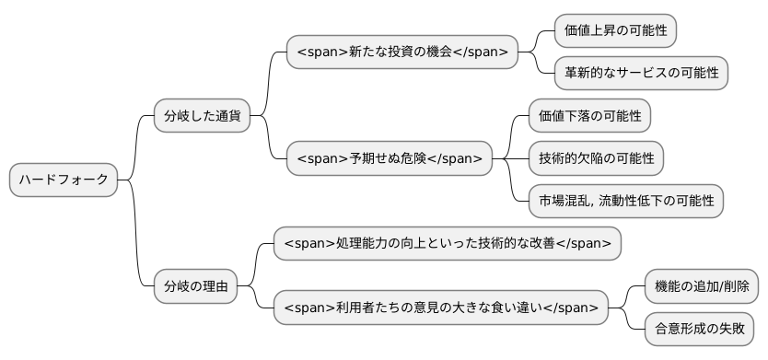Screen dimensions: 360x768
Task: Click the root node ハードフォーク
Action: click(x=64, y=180)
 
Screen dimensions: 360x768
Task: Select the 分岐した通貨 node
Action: click(x=202, y=116)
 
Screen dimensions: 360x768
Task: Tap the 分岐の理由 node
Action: click(x=195, y=285)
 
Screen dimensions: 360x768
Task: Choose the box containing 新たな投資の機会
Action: click(x=401, y=52)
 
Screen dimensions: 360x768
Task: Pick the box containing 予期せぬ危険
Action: click(x=389, y=158)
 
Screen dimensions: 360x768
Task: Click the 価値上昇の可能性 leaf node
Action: click(x=615, y=30)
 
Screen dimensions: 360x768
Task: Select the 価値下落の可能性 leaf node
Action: click(x=589, y=116)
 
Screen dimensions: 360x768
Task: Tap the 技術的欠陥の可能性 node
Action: click(x=596, y=158)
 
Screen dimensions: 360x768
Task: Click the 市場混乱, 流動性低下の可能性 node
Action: click(x=625, y=201)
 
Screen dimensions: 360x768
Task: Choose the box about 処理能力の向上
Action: click(x=448, y=243)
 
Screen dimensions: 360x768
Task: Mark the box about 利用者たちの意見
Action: click(x=441, y=307)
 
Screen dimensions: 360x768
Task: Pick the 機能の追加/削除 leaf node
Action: click(x=701, y=285)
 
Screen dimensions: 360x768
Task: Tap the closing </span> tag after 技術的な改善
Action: click(x=583, y=243)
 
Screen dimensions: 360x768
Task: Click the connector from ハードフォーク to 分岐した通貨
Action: click(x=136, y=147)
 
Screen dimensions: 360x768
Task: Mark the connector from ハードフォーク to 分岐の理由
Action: click(x=136, y=235)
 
